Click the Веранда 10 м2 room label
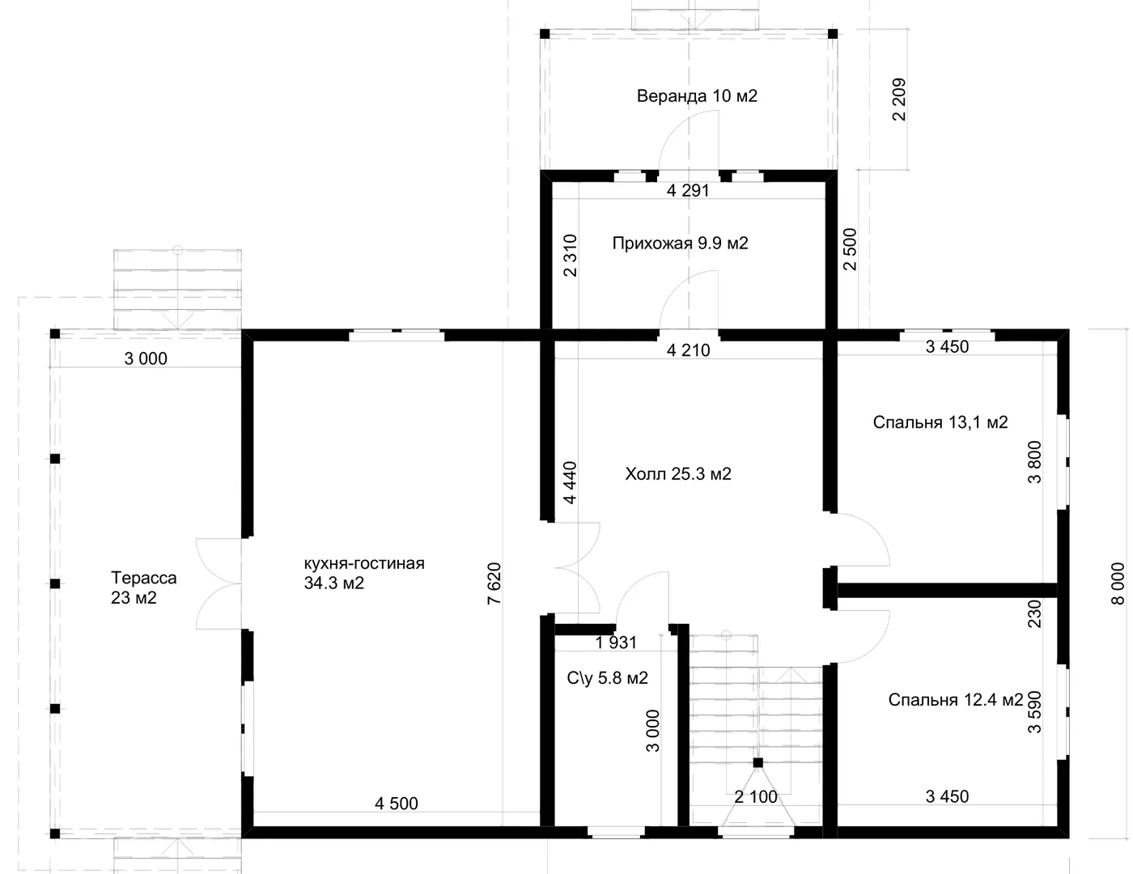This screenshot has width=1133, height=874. tap(697, 95)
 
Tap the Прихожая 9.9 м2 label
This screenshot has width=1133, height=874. tap(680, 244)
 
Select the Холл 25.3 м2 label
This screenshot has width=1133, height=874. tap(678, 473)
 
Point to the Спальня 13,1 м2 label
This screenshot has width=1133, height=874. tap(940, 422)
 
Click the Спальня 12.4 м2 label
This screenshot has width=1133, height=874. tap(955, 699)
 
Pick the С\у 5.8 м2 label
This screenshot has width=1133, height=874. tap(608, 677)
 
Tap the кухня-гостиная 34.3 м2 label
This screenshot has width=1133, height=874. tap(364, 573)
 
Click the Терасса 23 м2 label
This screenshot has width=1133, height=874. tap(143, 588)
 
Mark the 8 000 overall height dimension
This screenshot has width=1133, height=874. tap(1118, 583)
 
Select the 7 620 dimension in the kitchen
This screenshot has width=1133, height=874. tap(494, 583)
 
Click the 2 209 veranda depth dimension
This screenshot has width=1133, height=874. tap(899, 100)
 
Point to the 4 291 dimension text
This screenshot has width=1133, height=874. tap(688, 191)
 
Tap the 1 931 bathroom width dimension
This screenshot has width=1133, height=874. tap(616, 643)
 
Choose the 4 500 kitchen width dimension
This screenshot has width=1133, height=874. tap(397, 804)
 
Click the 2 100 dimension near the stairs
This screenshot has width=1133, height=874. tap(756, 797)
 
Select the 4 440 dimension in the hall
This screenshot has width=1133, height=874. tap(570, 482)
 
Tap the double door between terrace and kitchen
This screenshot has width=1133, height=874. tap(219, 583)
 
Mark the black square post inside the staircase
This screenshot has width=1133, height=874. tap(758, 762)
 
